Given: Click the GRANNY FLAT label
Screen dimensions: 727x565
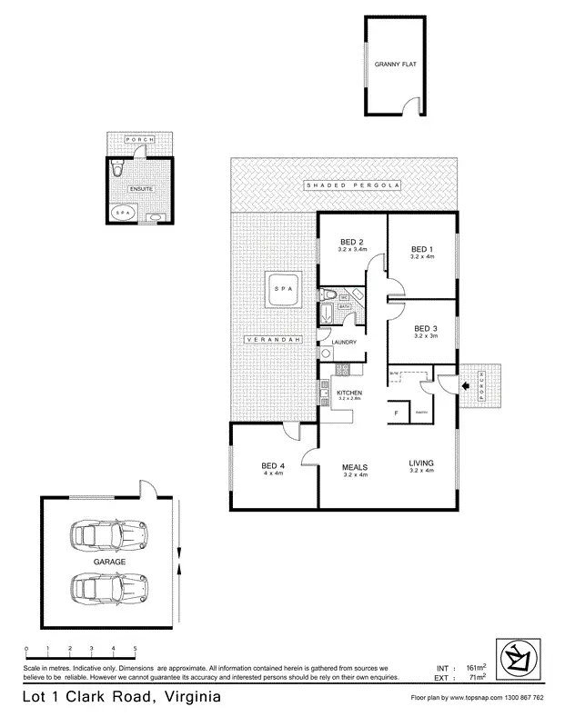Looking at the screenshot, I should tap(394, 65).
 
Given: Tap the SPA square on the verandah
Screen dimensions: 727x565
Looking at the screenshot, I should tap(281, 291).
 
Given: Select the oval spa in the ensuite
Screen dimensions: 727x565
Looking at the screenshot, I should tap(123, 213).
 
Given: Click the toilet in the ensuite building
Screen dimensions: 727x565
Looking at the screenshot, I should tap(116, 169).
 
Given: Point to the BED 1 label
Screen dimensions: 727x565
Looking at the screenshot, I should tap(421, 249).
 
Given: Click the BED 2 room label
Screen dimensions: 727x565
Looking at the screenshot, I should tap(352, 241).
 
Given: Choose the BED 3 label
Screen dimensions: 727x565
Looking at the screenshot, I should tap(426, 328).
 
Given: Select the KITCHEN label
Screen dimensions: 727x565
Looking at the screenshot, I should tap(350, 392).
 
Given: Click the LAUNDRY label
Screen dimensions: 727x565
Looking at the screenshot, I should tap(343, 342).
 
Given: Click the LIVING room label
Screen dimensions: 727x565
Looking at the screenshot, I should tap(421, 462).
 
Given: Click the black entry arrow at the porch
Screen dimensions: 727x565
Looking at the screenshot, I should tap(466, 385).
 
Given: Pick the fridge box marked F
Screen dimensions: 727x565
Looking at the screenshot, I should tap(396, 413).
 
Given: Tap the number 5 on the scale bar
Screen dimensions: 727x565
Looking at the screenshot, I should tap(136, 648).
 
